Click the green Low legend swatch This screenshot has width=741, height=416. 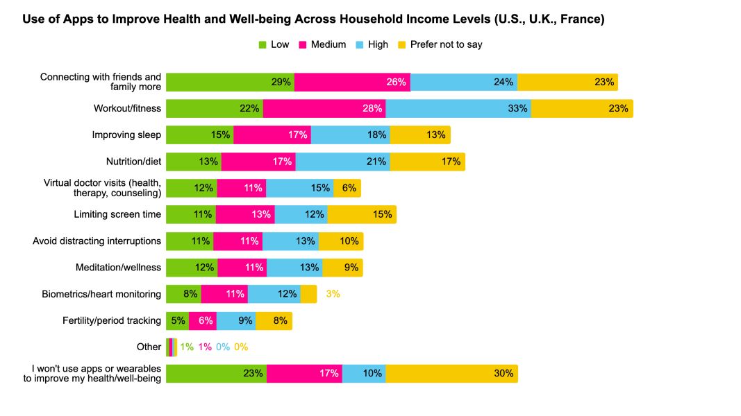263,45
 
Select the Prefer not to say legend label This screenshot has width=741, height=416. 446,44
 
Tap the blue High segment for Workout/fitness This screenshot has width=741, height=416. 458,108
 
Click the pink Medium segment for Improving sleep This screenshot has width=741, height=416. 272,135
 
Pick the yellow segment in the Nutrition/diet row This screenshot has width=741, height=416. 427,162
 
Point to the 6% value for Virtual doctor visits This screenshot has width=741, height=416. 349,188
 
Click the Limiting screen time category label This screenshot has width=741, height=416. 117,214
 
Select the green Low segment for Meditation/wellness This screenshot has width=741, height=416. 192,267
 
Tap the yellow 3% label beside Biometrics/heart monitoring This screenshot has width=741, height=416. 333,294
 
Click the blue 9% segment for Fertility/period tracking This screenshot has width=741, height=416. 236,320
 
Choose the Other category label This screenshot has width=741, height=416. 149,347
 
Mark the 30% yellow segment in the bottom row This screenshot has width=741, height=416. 451,373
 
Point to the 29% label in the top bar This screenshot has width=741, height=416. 281,82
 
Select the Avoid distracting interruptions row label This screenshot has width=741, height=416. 97,241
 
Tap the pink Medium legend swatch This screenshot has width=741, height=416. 303,45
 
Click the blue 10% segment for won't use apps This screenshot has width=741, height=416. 364,373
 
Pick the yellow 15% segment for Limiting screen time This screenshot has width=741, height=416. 362,214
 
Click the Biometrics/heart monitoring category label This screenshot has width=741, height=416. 101,294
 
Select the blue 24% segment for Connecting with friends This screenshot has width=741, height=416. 464,82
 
